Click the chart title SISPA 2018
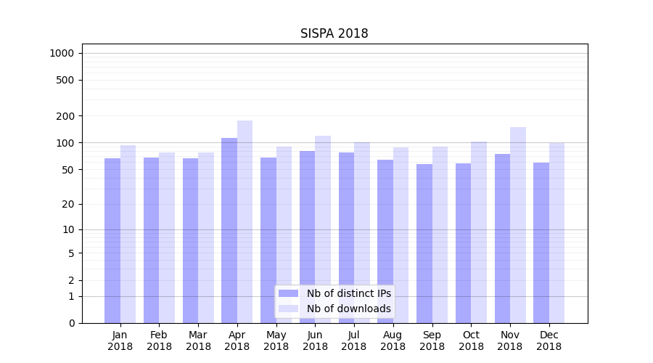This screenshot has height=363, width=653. click(334, 34)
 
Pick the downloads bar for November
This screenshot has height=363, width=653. click(518, 225)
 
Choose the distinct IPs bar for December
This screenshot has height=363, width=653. click(541, 242)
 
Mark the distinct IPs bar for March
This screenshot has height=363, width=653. click(190, 240)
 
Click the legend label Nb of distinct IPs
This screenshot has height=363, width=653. click(349, 293)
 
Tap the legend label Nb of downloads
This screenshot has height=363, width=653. click(349, 309)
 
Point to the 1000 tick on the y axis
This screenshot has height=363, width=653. click(62, 53)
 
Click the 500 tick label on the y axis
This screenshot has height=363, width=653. click(66, 80)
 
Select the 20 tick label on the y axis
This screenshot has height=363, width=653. click(68, 204)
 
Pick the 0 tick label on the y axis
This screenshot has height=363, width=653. click(71, 323)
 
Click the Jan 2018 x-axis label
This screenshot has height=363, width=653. click(120, 340)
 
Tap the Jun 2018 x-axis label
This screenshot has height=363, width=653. click(315, 340)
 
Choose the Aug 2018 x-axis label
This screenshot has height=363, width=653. click(393, 340)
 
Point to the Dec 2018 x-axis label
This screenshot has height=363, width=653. click(549, 340)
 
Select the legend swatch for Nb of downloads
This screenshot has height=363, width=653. click(289, 309)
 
